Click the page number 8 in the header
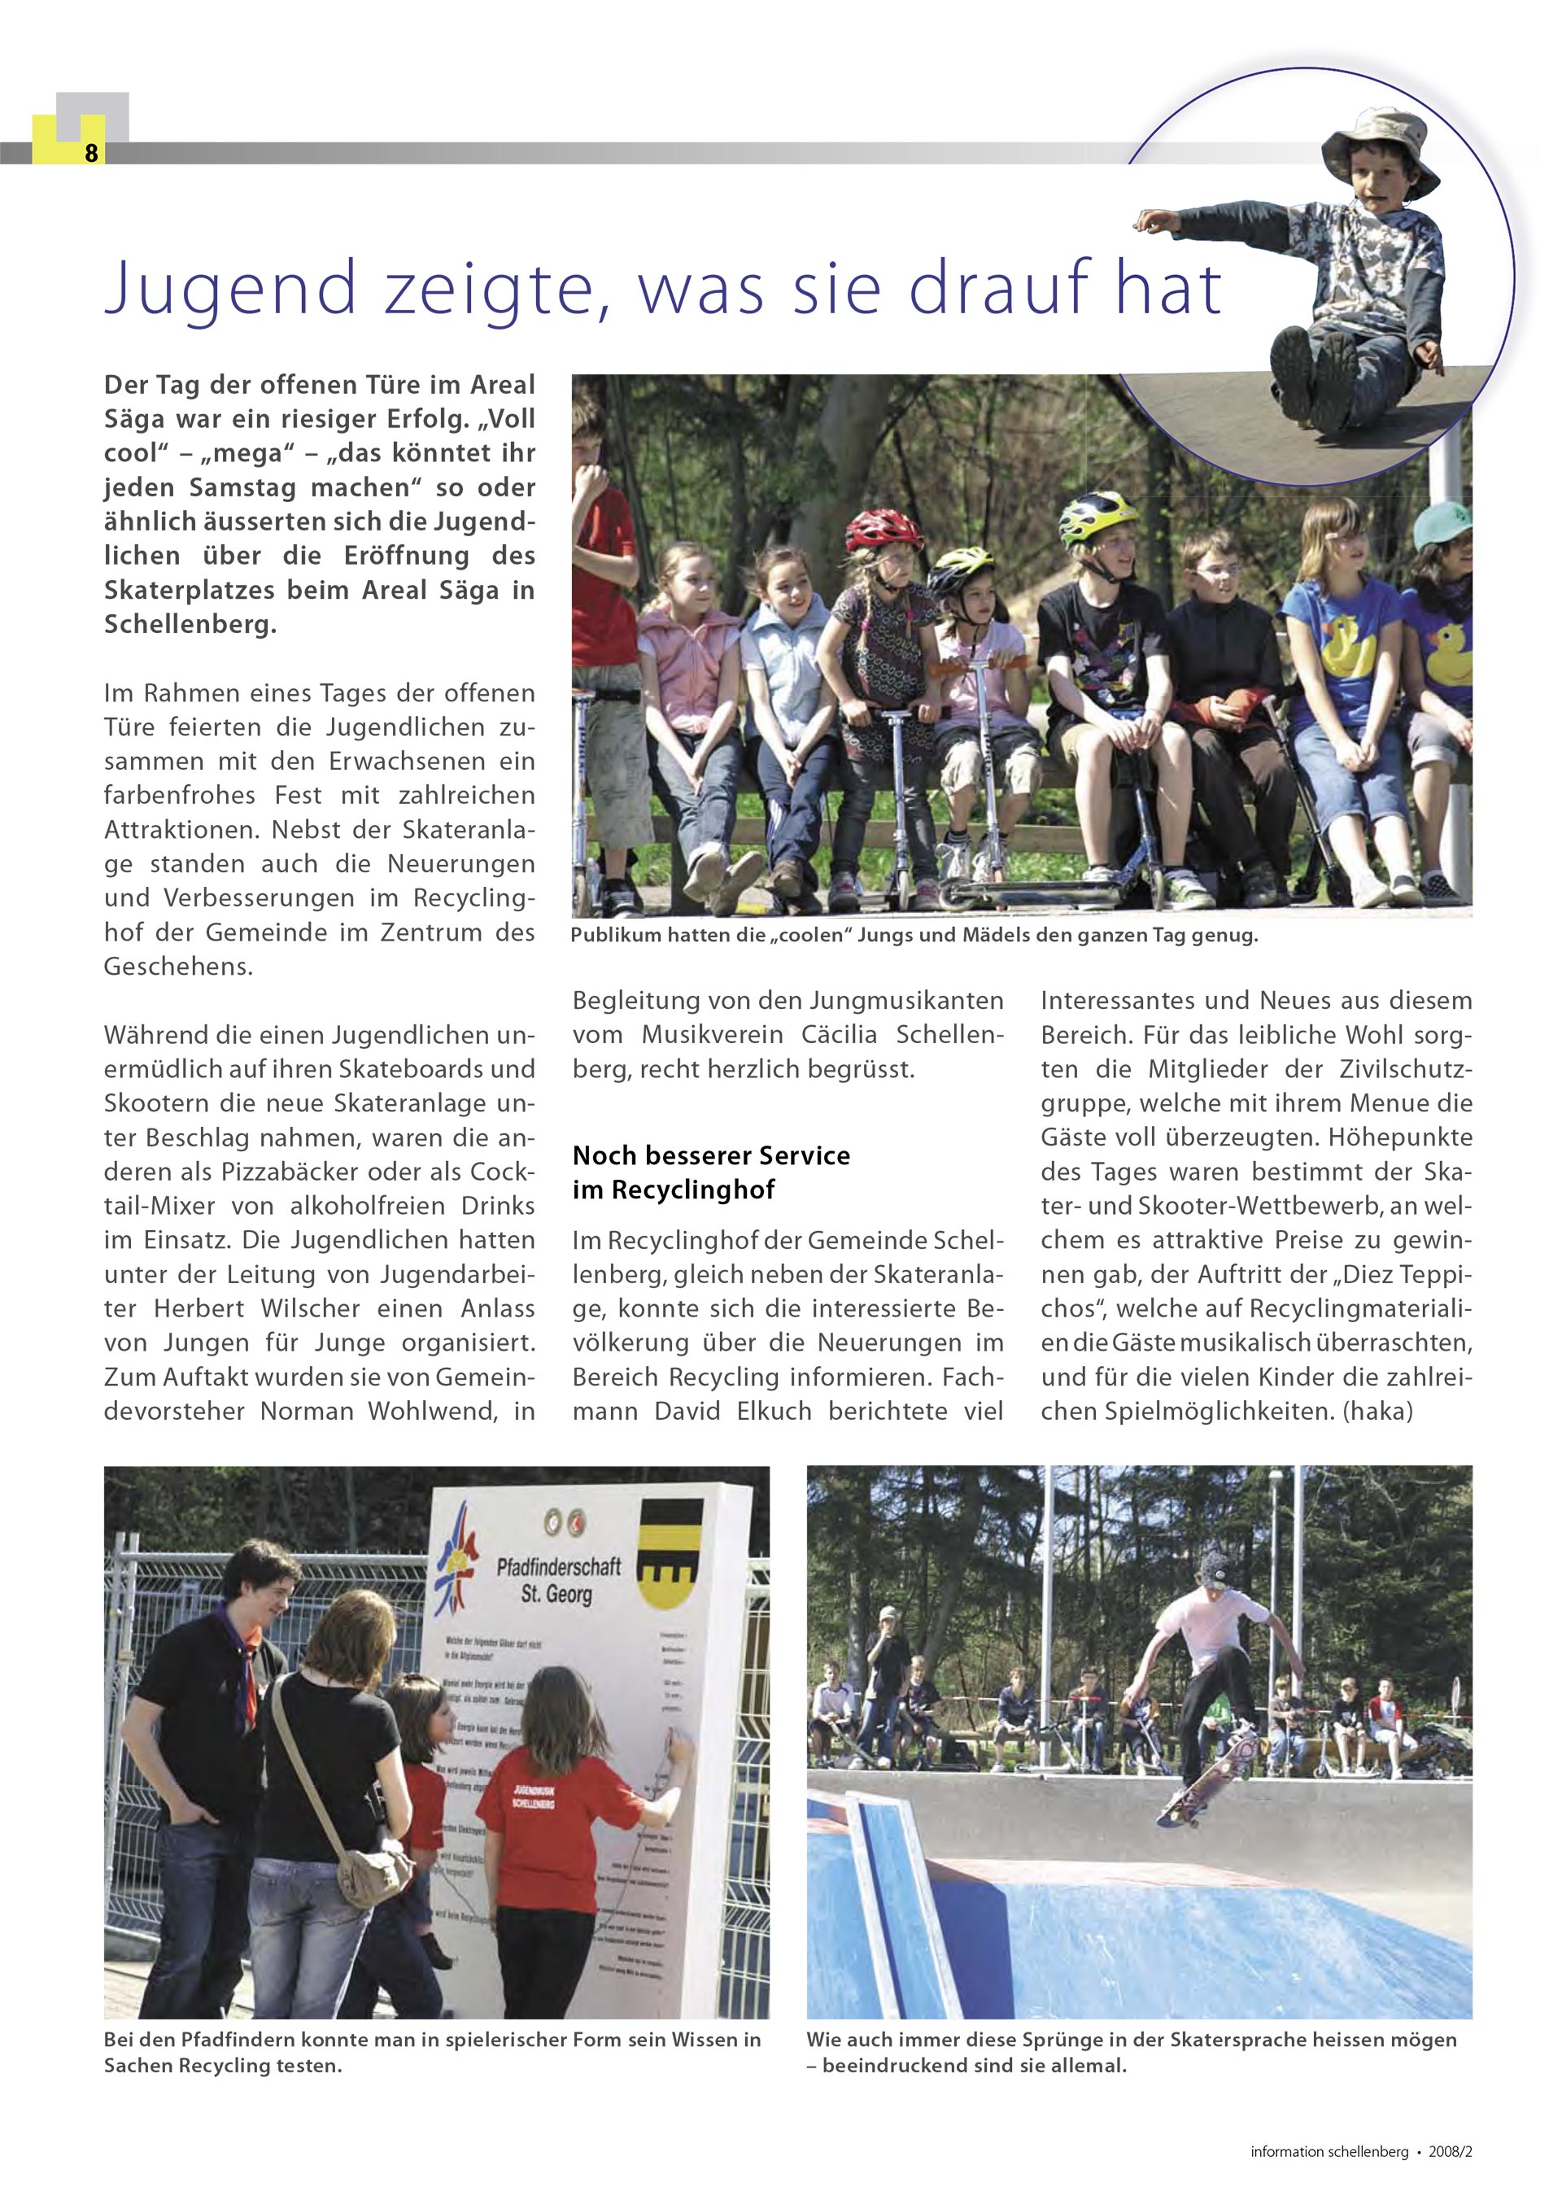91,152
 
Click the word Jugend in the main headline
231,289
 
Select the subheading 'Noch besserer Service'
711,1155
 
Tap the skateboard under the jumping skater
1193,1796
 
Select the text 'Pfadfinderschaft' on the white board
558,1567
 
